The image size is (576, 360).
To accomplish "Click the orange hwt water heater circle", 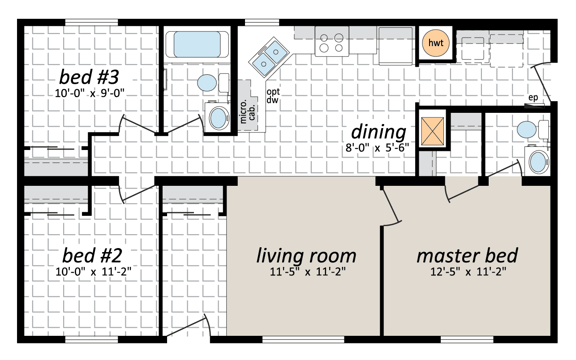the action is [x=436, y=43].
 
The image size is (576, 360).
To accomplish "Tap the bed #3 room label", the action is [x=89, y=77].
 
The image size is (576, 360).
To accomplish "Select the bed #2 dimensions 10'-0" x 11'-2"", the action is [x=93, y=271].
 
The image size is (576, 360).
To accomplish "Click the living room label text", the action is [x=306, y=256].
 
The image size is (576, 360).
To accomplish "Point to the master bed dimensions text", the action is [x=468, y=271].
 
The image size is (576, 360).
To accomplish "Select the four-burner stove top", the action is [x=332, y=41].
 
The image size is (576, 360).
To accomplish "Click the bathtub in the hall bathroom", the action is [x=197, y=44].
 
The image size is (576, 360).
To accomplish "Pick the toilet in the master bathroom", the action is [x=532, y=129].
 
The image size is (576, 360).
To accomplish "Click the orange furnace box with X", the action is [x=433, y=131].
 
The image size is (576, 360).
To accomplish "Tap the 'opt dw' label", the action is [x=273, y=96].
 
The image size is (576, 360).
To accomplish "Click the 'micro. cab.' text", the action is [x=247, y=111].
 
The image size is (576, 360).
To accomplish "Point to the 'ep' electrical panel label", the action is [x=533, y=98].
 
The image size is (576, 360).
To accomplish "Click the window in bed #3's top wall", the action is [x=91, y=22].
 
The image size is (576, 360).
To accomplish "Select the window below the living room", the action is [x=303, y=339].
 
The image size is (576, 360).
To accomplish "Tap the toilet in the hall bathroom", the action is [x=213, y=83].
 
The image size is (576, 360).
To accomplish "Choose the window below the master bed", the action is [x=467, y=339].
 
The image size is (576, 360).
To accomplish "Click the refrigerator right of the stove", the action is [x=395, y=46].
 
